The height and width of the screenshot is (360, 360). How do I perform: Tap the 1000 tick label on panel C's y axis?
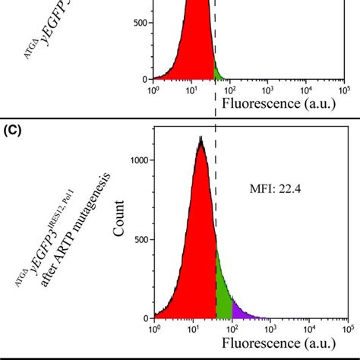(139, 160)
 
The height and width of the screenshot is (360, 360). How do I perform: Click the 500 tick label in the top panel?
(141, 23)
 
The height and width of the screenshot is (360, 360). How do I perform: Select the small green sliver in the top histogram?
(218, 74)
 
